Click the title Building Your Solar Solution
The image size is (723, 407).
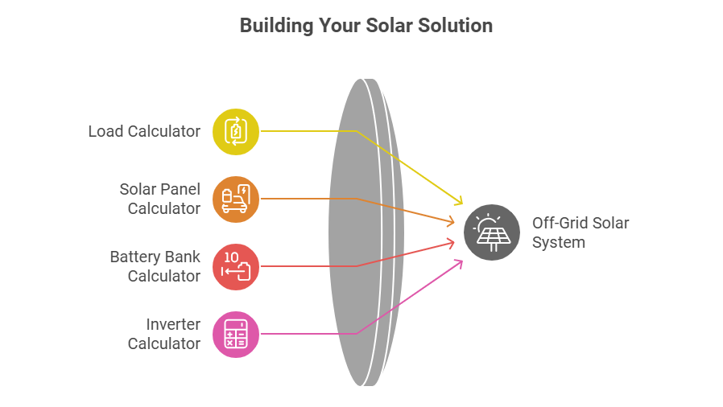coord(366,26)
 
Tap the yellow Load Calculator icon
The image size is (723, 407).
coord(236,131)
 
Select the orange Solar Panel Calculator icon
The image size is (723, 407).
coord(236,199)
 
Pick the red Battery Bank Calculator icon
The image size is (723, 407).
coord(236,266)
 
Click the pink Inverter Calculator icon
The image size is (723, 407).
coord(236,334)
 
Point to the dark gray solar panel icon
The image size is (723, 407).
coord(492,232)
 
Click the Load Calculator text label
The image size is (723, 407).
coord(144,131)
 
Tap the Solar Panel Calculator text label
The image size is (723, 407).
coord(159,199)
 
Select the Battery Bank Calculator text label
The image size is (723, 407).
coord(155,266)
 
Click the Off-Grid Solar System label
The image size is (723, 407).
coord(580,232)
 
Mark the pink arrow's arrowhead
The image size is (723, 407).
coord(460,261)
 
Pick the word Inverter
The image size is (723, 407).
coord(172,325)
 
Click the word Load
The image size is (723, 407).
coord(106,131)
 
